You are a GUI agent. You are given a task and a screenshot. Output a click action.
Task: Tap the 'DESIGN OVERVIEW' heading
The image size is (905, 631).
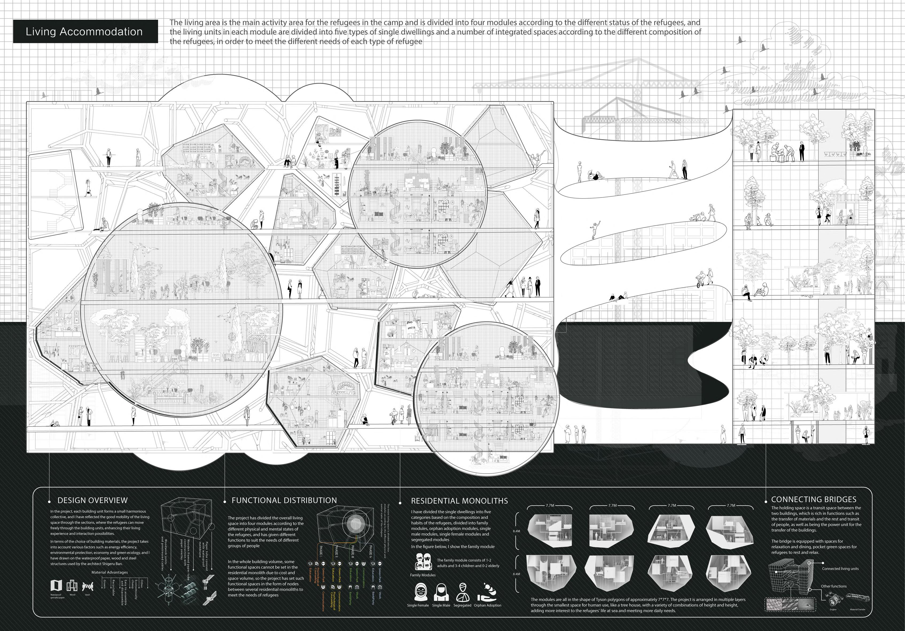pyautogui.click(x=93, y=500)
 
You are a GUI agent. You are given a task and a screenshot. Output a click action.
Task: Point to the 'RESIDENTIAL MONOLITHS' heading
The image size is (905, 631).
pyautogui.click(x=459, y=501)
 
